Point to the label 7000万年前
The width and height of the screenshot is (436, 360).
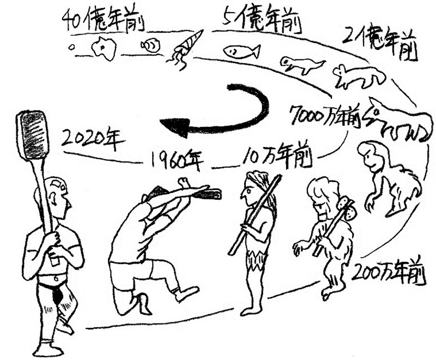tap(325, 116)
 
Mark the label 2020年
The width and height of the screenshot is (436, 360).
tap(93, 139)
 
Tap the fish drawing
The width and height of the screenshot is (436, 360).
tap(241, 51)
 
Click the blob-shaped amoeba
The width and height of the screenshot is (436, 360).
tap(104, 50)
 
